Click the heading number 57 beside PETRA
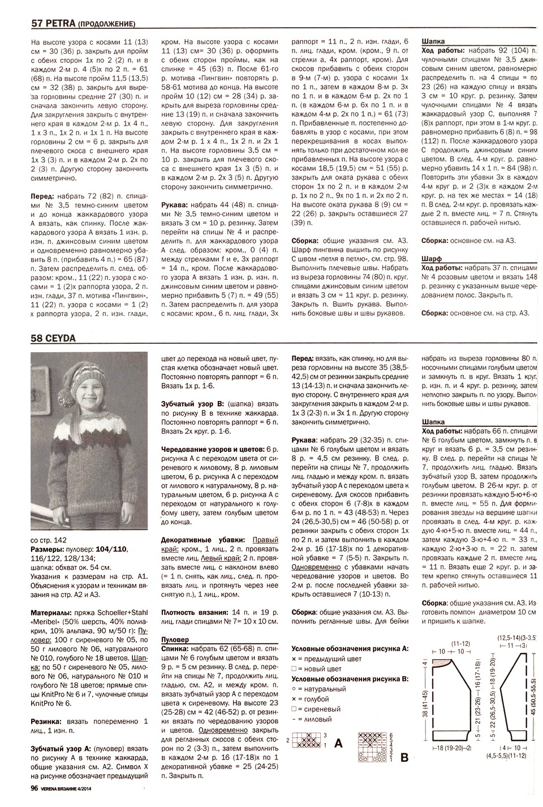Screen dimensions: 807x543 tap(37, 24)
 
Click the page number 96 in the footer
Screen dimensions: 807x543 tap(35, 787)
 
